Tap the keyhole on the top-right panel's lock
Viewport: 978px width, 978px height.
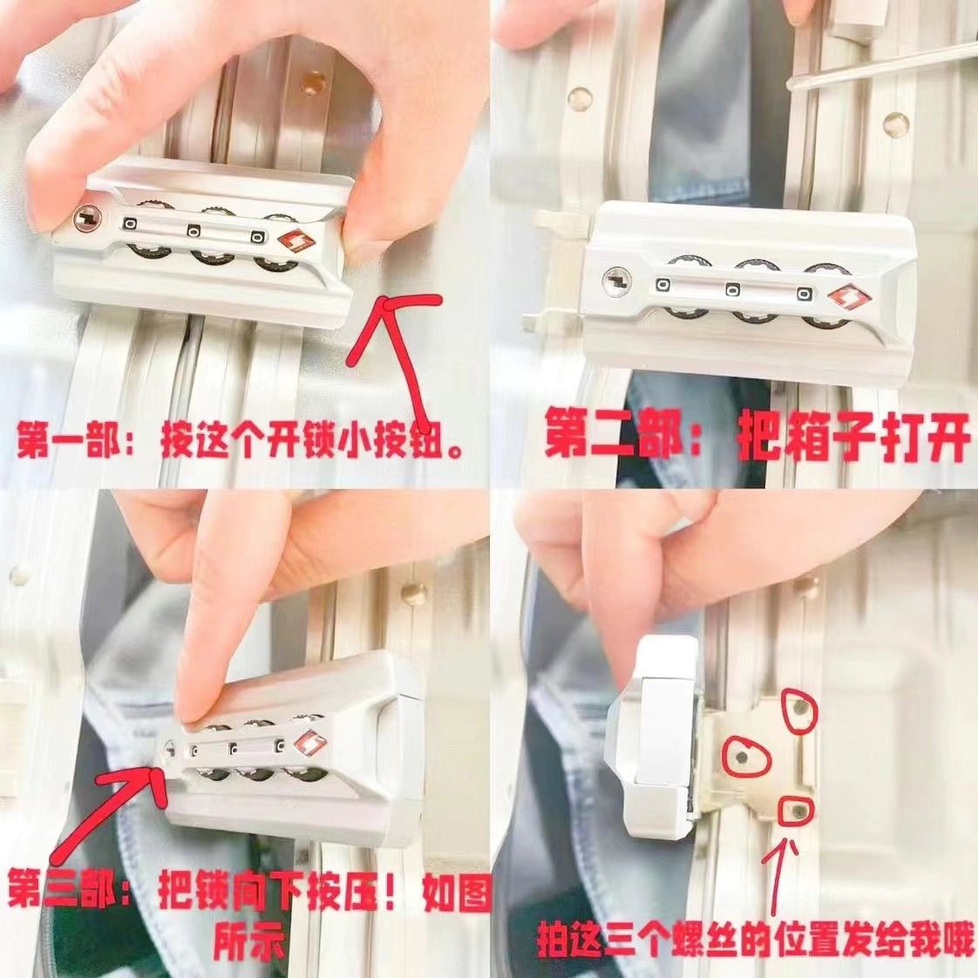point(617,280)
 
